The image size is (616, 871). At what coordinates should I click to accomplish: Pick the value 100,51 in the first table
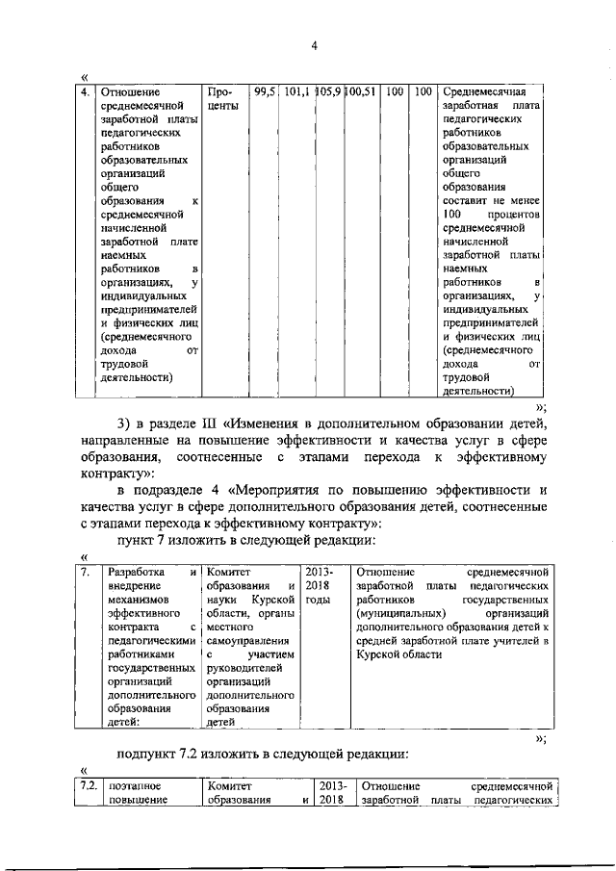(x=361, y=92)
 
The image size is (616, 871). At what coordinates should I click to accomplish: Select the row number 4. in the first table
(x=86, y=92)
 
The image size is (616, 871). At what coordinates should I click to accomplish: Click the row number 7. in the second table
(x=86, y=572)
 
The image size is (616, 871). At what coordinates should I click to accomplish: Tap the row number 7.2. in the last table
(x=90, y=786)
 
